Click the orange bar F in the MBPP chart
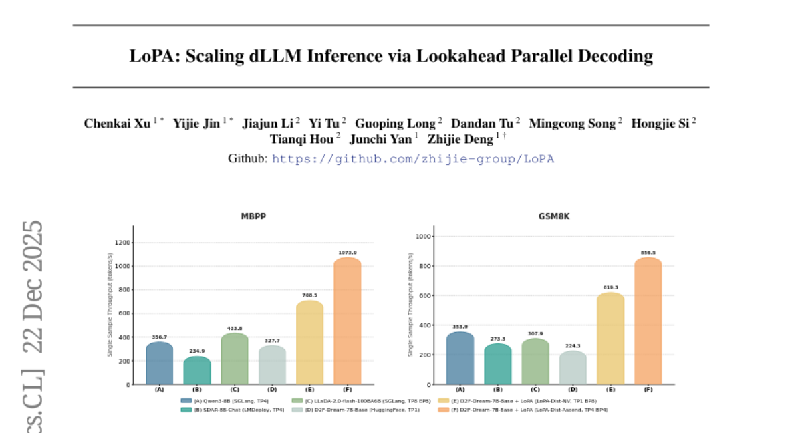pyautogui.click(x=347, y=321)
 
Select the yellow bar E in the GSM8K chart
pyautogui.click(x=610, y=338)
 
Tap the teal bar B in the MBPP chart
pyautogui.click(x=197, y=371)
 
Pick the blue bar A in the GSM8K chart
pyautogui.click(x=460, y=358)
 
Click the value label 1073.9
pyautogui.click(x=347, y=253)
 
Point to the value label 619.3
pyautogui.click(x=610, y=287)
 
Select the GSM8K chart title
pyautogui.click(x=554, y=216)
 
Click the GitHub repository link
pyautogui.click(x=412, y=159)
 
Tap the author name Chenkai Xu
pyautogui.click(x=117, y=124)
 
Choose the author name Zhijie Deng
pyautogui.click(x=460, y=139)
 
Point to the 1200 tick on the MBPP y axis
pyautogui.click(x=122, y=243)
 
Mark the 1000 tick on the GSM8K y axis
pyautogui.click(x=423, y=237)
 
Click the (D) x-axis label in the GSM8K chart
pyautogui.click(x=573, y=389)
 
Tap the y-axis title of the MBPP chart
pyautogui.click(x=110, y=305)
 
